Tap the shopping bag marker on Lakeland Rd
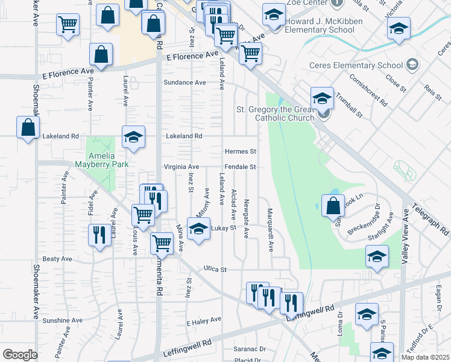click(x=28, y=128)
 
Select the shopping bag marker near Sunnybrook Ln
click(x=333, y=206)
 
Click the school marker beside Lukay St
click(x=198, y=229)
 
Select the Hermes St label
click(x=241, y=151)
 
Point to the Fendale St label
click(x=241, y=167)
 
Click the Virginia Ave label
click(x=181, y=167)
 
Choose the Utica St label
click(x=215, y=269)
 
